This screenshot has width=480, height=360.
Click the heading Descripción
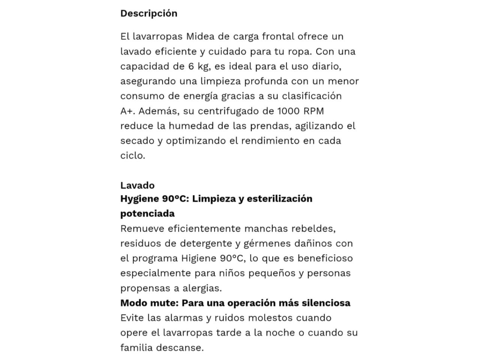(x=148, y=13)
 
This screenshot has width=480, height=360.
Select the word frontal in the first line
(x=278, y=36)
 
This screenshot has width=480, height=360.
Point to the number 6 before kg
(x=191, y=66)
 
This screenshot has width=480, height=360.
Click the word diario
(x=326, y=66)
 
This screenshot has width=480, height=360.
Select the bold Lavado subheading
(x=137, y=185)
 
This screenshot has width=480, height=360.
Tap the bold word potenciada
(x=147, y=214)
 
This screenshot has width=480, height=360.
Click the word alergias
(x=202, y=288)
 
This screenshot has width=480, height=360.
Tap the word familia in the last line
(x=137, y=348)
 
